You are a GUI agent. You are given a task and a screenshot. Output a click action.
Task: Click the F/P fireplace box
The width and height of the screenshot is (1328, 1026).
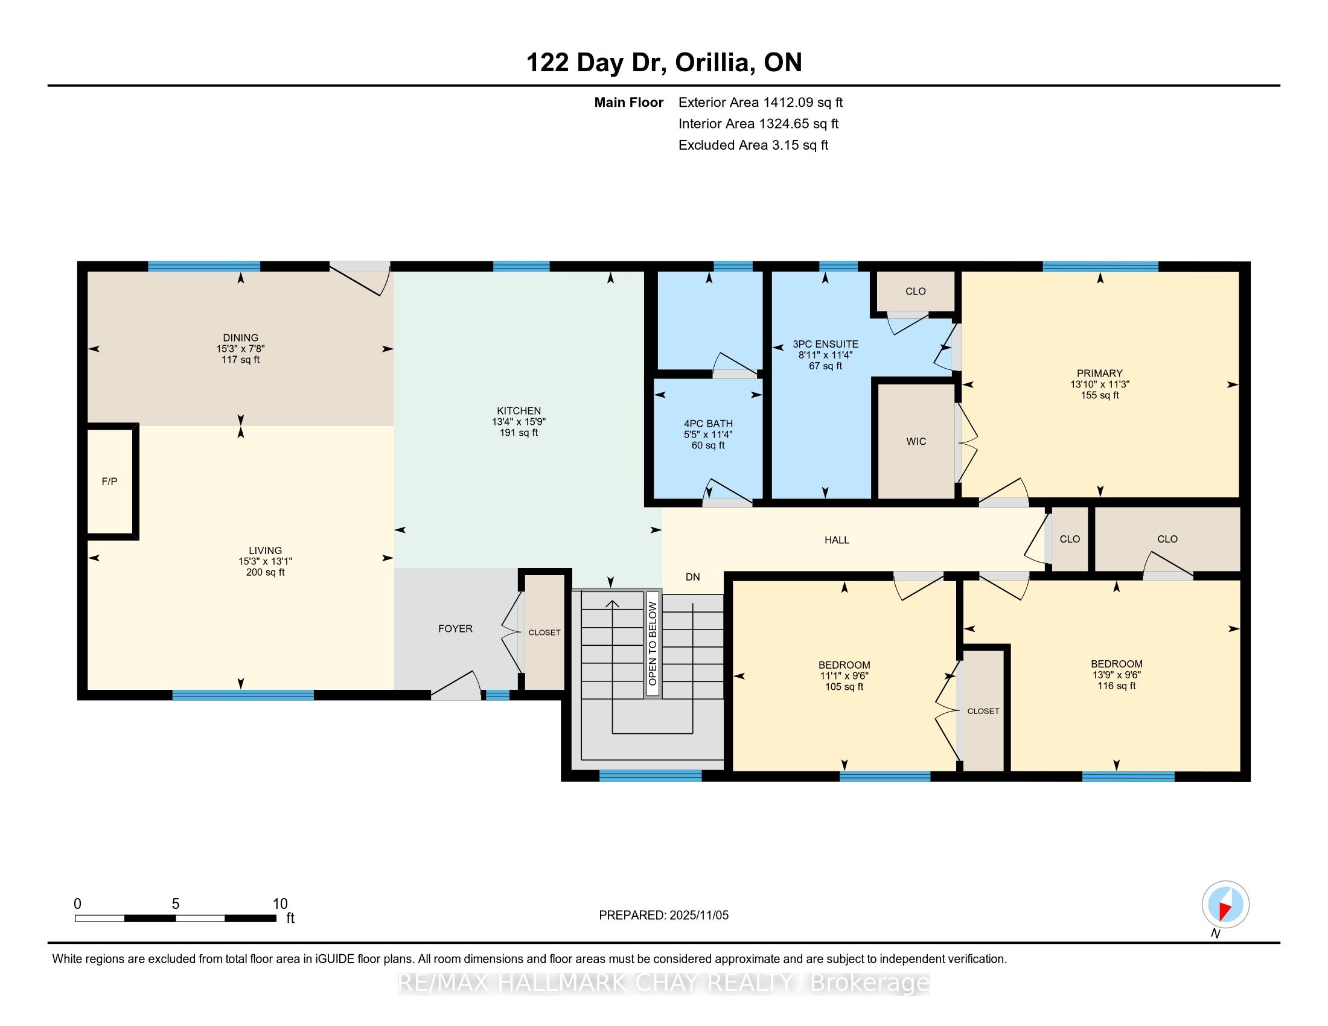point(110,482)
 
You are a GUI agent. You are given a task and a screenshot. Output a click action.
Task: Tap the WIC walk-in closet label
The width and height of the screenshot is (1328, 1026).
point(916,441)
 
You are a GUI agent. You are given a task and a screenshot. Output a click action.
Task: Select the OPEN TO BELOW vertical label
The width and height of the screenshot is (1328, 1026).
point(653,644)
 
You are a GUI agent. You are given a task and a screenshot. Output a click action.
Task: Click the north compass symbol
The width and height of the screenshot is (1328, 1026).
point(1225,905)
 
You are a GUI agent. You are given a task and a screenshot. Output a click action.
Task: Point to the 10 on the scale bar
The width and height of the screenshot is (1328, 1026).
point(279,904)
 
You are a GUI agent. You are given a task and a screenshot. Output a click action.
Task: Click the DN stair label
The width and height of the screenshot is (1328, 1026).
point(692,577)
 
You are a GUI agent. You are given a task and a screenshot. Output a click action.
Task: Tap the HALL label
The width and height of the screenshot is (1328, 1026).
point(837,540)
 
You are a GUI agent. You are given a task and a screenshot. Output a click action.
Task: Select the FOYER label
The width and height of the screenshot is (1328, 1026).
point(455,628)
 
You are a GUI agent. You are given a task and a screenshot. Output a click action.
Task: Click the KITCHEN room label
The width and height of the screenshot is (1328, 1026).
point(519,411)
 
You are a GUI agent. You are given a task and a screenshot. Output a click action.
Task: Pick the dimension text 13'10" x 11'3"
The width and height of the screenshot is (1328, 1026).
point(1100,384)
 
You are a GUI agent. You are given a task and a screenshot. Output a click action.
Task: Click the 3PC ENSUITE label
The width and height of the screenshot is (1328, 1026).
point(825,344)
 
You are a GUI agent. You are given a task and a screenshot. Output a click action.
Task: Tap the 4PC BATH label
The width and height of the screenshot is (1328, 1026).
point(708,424)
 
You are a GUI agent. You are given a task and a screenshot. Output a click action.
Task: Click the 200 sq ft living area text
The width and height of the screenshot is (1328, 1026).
point(265,572)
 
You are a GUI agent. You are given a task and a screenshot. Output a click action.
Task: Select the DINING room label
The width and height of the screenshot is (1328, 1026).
point(240,338)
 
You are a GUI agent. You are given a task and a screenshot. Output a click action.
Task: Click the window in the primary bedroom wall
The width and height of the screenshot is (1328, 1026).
point(1100,266)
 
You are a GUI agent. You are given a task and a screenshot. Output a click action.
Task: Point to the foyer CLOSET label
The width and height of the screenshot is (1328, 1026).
point(544,632)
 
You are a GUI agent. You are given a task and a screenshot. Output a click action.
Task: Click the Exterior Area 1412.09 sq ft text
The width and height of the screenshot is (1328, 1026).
point(761,103)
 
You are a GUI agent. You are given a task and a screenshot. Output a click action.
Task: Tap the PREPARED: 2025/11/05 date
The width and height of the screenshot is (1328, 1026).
point(663,916)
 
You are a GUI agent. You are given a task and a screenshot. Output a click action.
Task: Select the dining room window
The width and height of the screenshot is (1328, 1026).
point(204,266)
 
